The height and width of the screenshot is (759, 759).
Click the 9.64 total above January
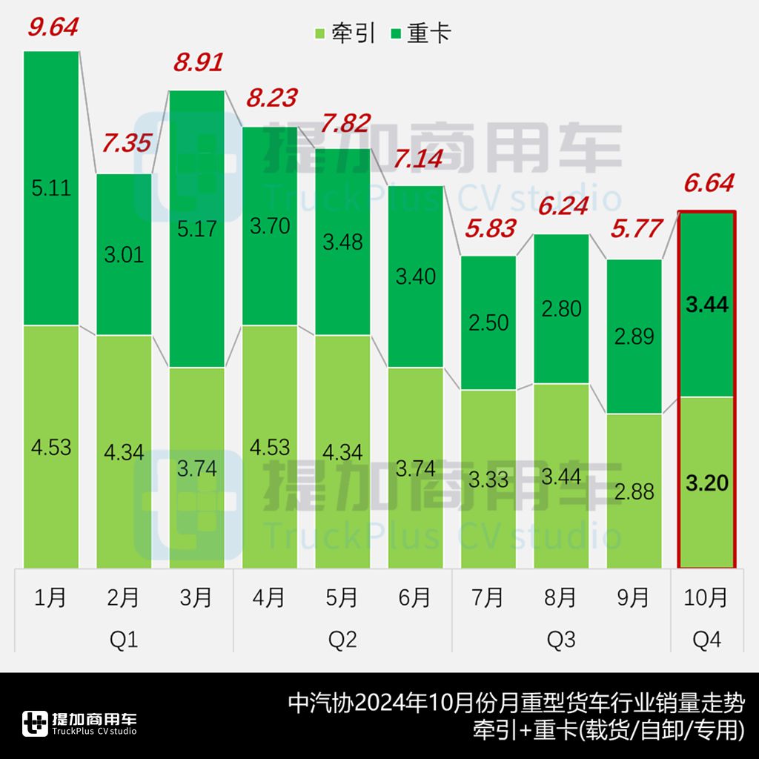coord(53,28)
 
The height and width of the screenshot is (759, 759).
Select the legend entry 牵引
coord(345,33)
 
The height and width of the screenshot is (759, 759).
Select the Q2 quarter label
coord(342,639)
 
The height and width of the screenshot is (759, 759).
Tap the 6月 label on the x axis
coord(415,597)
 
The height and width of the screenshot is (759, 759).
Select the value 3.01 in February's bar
coord(124,256)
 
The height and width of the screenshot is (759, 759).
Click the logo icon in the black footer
coord(35,723)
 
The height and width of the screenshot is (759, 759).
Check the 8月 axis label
coord(561,597)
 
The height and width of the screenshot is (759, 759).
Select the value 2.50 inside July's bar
coord(488,322)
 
